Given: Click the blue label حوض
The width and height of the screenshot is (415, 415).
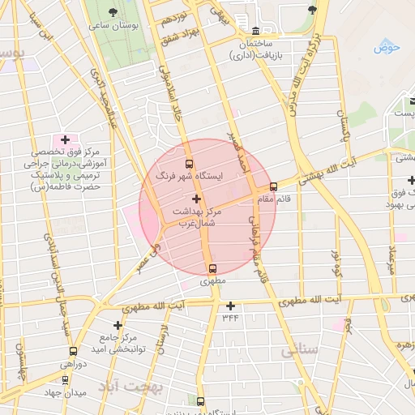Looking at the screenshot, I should (x=387, y=47).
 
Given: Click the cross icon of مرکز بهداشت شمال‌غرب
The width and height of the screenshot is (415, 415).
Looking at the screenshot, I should (x=195, y=199).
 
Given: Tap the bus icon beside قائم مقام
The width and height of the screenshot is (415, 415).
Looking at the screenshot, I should (x=273, y=186).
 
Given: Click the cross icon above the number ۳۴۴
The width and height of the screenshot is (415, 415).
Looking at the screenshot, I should (x=231, y=306).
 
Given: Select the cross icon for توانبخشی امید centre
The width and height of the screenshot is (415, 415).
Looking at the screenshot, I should (x=118, y=324).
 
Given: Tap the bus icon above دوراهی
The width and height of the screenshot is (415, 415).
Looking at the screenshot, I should (x=74, y=352).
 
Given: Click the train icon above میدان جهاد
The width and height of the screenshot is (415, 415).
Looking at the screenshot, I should (x=65, y=379).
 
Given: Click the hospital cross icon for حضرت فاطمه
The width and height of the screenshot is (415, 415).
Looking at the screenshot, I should (x=65, y=140).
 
